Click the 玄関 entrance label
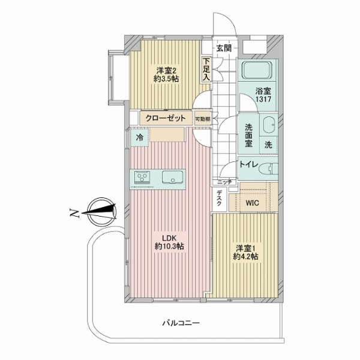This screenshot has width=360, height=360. tap(224, 48)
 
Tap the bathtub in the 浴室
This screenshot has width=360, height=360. tap(257, 70)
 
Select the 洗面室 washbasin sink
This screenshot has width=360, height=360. tap(269, 125)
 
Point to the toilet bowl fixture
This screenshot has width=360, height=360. tap(268, 169)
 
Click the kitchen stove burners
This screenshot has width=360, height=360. tap(142, 178)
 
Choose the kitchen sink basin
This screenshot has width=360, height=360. tap(173, 178)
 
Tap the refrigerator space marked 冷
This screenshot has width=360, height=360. tap(139, 138)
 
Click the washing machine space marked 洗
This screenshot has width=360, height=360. tap(268, 145)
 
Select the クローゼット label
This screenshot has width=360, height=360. tap(166, 118)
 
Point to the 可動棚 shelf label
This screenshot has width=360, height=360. tap(202, 119)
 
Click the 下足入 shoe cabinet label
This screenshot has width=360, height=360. tap(206, 69)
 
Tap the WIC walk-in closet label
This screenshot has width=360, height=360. tap(252, 203)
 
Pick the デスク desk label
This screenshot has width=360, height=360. tap(219, 198)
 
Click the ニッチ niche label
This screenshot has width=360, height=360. tap(225, 182)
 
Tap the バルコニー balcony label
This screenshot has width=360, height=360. tap(181, 323)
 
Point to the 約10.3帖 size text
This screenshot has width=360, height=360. tap(169, 247)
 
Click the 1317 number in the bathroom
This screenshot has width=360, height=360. tap(263, 99)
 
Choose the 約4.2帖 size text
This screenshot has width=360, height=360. tap(245, 256)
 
